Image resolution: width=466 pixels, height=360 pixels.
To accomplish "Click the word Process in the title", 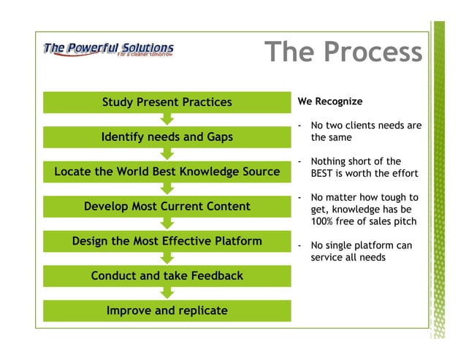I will point(373,53).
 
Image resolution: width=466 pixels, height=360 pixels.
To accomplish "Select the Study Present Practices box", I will point(167,102).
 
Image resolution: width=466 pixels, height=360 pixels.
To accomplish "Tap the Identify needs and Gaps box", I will point(167,137).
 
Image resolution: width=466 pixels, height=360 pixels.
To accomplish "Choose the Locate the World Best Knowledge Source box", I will point(167,172).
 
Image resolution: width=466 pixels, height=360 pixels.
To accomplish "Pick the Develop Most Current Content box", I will point(167,207).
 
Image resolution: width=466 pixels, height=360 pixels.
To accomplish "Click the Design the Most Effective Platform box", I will point(167,241).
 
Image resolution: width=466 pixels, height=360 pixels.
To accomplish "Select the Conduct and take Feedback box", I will point(167,276).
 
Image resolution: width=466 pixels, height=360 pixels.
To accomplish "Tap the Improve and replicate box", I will point(167,310).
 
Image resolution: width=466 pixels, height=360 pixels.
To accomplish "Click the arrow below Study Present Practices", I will point(167,119).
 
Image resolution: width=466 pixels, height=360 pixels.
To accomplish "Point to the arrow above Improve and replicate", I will point(167,293).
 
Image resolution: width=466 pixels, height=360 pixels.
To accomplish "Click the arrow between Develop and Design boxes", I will point(167,223).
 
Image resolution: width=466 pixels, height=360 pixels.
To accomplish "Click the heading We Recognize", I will point(330,102).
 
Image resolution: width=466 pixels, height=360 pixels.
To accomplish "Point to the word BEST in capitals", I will point(324,173).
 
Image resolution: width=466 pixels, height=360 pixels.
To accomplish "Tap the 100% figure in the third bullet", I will point(324,221).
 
